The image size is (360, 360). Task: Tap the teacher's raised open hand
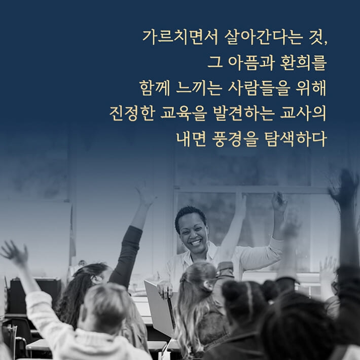click(279, 201)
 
